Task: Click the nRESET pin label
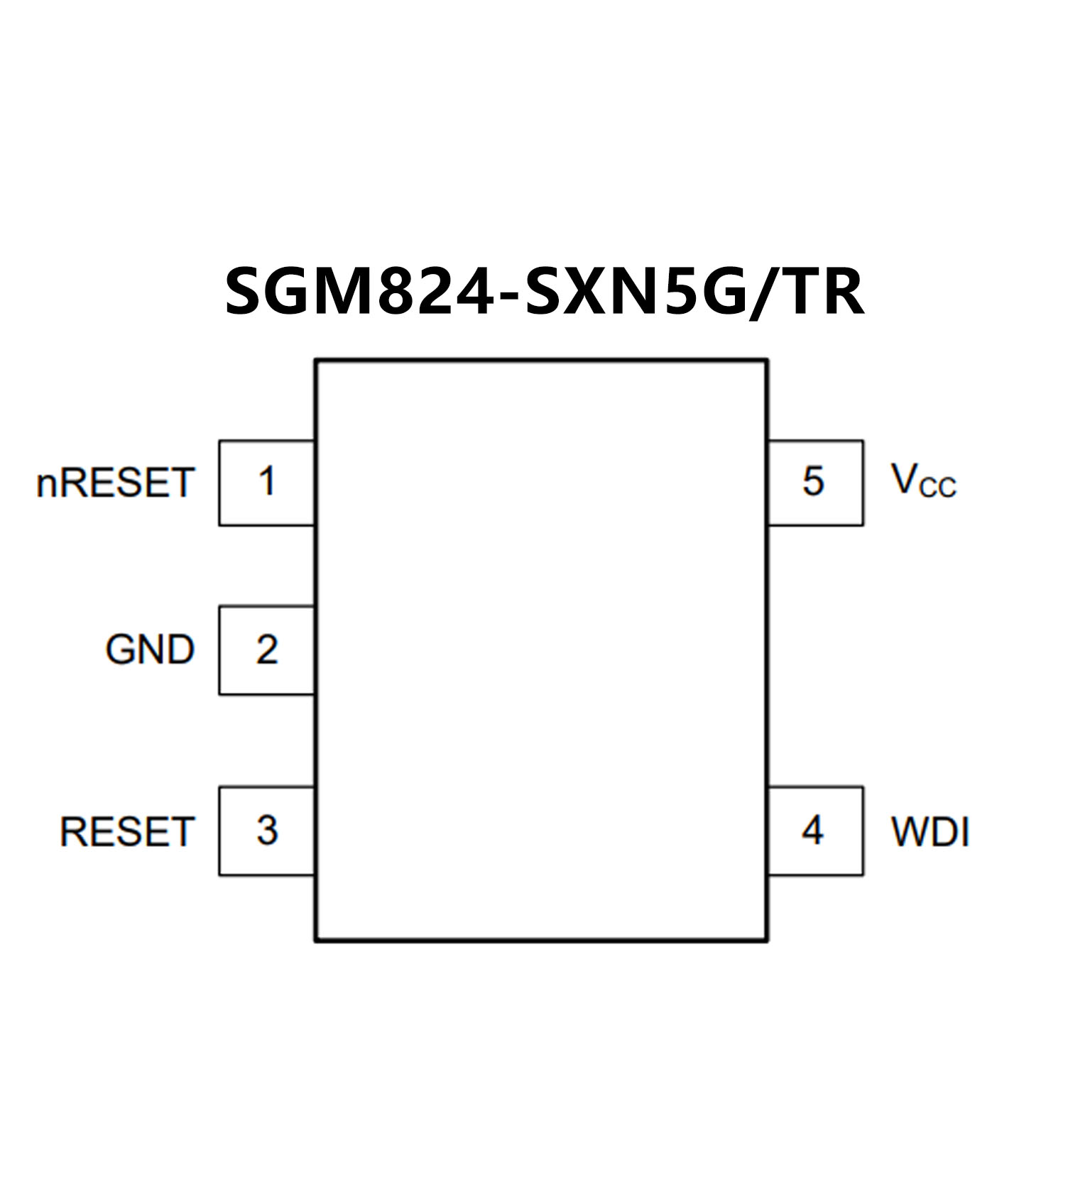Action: (115, 483)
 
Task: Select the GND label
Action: (150, 650)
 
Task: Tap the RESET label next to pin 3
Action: (126, 831)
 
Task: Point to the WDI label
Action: (930, 831)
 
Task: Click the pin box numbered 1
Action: (266, 483)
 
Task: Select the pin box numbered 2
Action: (266, 650)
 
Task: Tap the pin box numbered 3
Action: (266, 831)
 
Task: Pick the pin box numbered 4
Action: (814, 831)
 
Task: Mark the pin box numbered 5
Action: (814, 483)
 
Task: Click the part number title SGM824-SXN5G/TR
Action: (545, 292)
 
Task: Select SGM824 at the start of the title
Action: (359, 292)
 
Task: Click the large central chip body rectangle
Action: (541, 650)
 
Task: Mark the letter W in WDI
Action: (911, 831)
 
